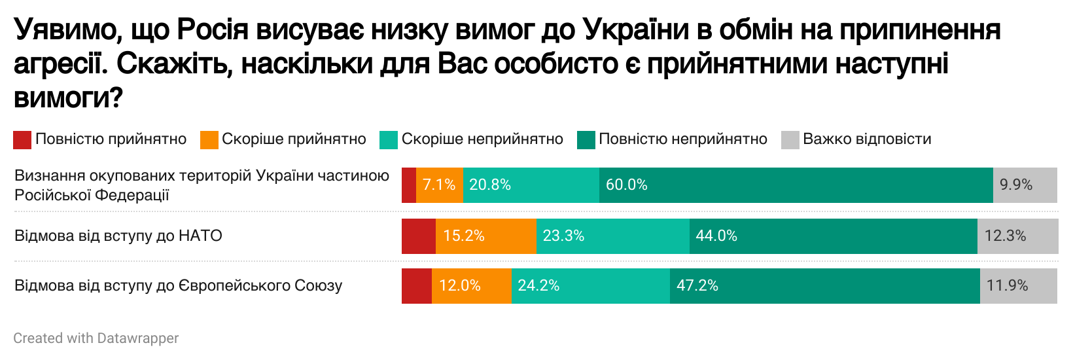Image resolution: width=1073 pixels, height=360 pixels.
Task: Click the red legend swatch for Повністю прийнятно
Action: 22,139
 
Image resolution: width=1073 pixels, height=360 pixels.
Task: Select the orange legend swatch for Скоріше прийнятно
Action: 209,139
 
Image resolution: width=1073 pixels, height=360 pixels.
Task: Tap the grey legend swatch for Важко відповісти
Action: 790,139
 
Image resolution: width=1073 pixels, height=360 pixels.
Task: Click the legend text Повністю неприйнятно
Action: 682,139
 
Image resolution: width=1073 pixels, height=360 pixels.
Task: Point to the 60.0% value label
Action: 626,185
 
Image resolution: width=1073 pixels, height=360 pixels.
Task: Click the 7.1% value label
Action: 439,185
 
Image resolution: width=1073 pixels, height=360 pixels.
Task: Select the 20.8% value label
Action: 489,185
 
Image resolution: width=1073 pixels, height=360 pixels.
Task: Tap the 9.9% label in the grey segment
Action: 1015,185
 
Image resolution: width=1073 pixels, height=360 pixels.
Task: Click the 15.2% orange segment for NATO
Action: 485,236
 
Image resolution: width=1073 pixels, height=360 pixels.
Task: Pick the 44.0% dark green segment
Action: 833,236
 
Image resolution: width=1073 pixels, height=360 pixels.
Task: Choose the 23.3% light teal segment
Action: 612,236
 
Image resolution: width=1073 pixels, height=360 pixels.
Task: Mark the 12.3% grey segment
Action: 1017,236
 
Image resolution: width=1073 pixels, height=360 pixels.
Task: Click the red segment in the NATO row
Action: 419,236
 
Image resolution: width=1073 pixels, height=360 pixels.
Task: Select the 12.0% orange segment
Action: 471,286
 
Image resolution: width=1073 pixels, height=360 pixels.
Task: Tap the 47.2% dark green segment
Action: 824,286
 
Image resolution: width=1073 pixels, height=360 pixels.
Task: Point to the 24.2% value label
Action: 538,286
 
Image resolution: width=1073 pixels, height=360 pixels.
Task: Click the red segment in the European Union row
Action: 417,286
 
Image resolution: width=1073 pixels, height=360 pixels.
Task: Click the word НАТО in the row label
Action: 200,236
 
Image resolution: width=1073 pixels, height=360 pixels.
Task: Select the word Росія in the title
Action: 213,30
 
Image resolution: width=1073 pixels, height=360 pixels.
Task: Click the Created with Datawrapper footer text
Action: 96,338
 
